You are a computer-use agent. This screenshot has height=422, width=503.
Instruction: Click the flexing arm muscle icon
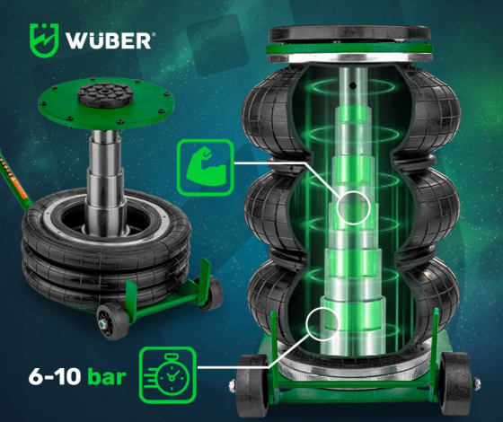(201, 167)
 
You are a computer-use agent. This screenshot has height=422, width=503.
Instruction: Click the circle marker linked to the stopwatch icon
(320, 321)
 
